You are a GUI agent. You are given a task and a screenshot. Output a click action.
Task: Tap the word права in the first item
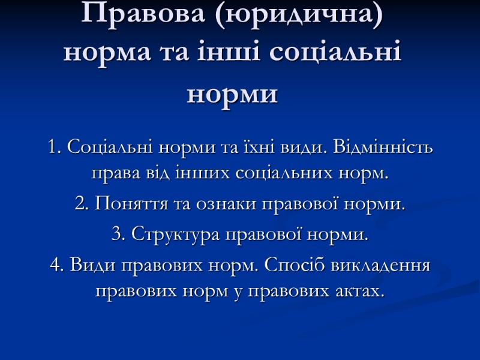(x=110, y=175)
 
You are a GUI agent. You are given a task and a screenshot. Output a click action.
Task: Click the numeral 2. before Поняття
(x=81, y=205)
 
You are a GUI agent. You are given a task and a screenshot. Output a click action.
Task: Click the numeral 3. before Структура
(x=118, y=235)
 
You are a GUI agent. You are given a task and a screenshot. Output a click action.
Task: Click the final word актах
(x=361, y=292)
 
